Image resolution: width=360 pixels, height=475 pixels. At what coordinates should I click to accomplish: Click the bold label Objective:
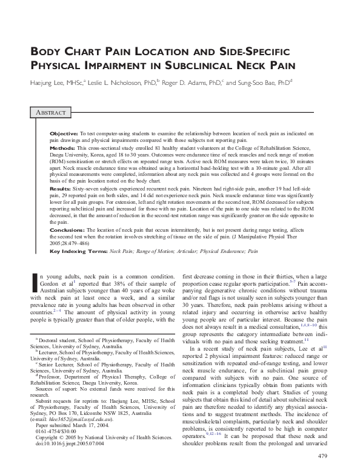62,132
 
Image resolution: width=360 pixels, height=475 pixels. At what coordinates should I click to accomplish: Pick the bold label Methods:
61,148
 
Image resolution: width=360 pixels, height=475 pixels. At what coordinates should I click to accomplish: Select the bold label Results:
60,189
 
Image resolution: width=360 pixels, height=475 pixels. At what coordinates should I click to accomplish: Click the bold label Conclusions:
65,231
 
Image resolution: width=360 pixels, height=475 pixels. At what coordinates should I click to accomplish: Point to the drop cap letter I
34,285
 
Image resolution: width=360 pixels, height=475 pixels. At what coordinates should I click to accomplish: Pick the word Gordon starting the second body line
53,283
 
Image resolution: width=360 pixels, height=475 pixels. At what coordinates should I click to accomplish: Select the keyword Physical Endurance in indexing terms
214,251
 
